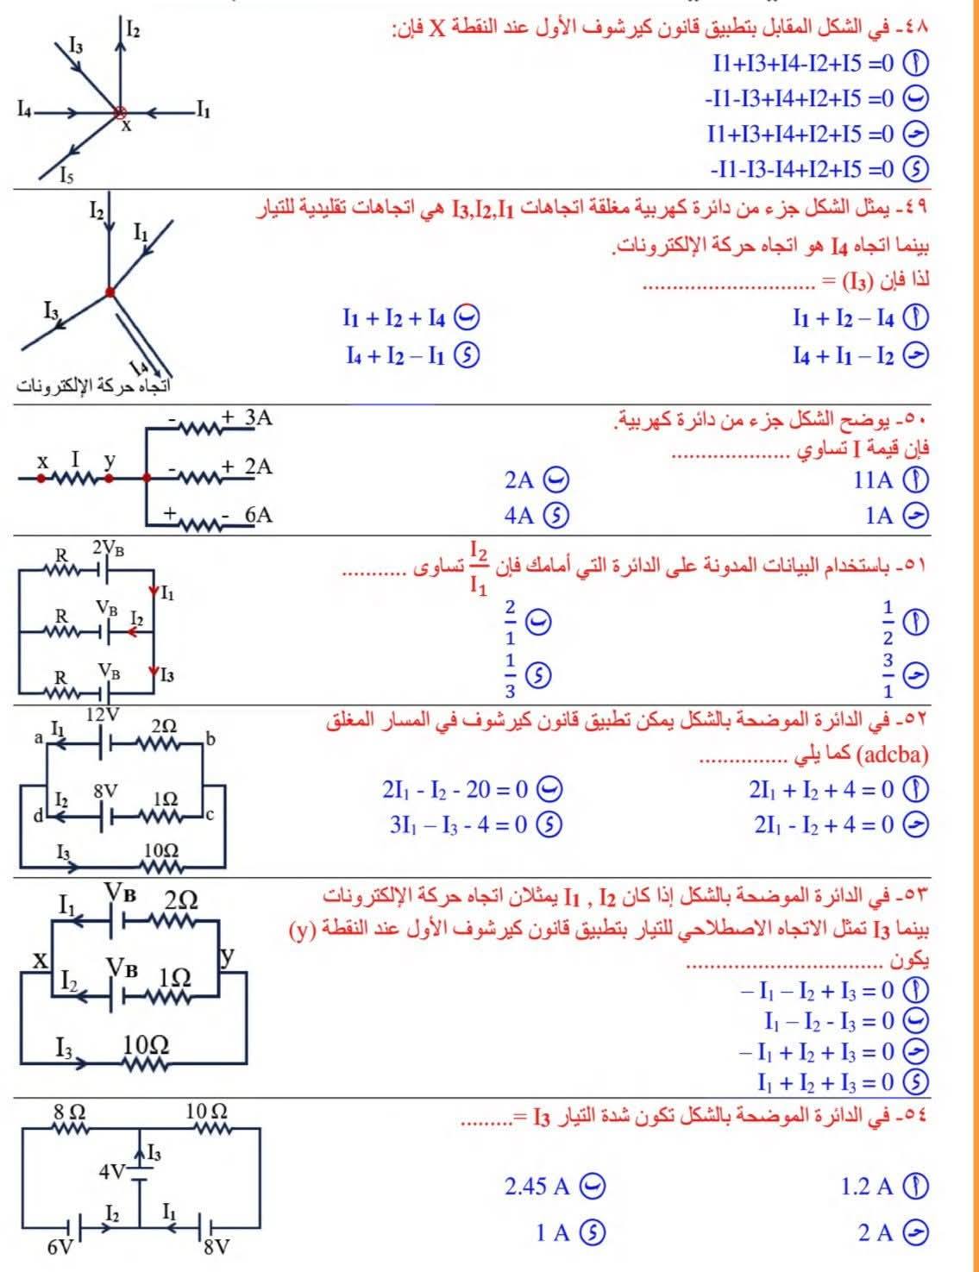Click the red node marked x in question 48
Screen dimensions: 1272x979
(x=120, y=111)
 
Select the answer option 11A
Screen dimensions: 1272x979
(x=873, y=479)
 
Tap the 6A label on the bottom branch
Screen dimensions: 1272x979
(x=258, y=515)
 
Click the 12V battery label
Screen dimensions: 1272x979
(x=103, y=714)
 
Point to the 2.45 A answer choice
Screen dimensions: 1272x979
(x=537, y=1187)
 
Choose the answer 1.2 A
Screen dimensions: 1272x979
(x=867, y=1187)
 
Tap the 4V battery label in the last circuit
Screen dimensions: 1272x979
(x=111, y=1172)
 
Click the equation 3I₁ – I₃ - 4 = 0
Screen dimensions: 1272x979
(x=458, y=824)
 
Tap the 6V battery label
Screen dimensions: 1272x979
(x=60, y=1247)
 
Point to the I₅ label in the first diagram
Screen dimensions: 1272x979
(x=66, y=178)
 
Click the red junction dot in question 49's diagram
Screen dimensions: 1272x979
(x=110, y=292)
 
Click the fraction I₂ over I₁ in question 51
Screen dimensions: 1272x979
(x=479, y=568)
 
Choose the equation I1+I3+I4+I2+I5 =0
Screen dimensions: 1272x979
(x=802, y=134)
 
